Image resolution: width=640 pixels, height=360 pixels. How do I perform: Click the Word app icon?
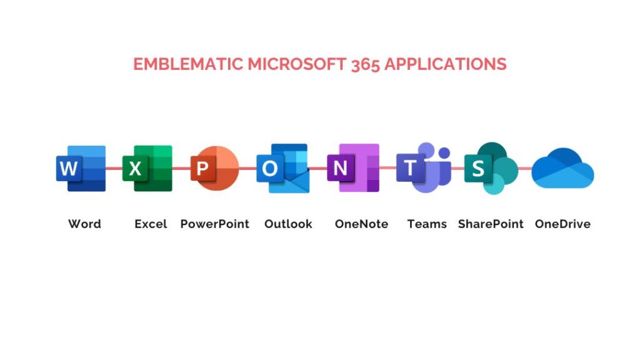pyautogui.click(x=81, y=168)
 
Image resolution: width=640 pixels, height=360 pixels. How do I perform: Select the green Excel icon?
pyautogui.click(x=147, y=168)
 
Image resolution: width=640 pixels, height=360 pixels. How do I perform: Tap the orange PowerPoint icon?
pyautogui.click(x=215, y=168)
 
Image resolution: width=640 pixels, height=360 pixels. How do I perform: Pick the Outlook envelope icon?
pyautogui.click(x=283, y=168)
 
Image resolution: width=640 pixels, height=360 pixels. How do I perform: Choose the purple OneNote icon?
pyautogui.click(x=353, y=167)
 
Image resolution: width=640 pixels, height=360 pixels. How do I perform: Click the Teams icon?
pyautogui.click(x=424, y=167)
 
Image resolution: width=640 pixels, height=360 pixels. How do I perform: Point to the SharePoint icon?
pyautogui.click(x=491, y=168)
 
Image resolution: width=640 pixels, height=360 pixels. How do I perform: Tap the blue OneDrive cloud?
pyautogui.click(x=562, y=168)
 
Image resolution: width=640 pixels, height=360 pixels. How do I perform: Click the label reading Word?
pyautogui.click(x=84, y=224)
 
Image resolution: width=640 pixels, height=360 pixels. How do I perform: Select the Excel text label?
pyautogui.click(x=151, y=224)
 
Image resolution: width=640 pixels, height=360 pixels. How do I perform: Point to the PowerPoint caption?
pyautogui.click(x=215, y=224)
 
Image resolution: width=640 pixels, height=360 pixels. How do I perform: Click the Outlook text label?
pyautogui.click(x=288, y=224)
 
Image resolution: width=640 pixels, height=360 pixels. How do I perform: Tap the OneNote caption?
pyautogui.click(x=361, y=224)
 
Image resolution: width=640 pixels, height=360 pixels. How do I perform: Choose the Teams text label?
pyautogui.click(x=427, y=224)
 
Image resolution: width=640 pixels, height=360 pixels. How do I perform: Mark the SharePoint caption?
pyautogui.click(x=491, y=224)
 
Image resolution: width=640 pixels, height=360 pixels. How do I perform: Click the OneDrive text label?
pyautogui.click(x=563, y=224)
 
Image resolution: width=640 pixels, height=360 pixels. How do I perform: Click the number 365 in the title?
pyautogui.click(x=365, y=64)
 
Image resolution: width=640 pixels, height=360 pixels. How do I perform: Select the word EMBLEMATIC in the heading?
pyautogui.click(x=188, y=64)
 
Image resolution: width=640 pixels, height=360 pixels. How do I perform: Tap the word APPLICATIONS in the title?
pyautogui.click(x=445, y=64)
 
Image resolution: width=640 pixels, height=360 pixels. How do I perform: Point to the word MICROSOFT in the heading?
pyautogui.click(x=297, y=64)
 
